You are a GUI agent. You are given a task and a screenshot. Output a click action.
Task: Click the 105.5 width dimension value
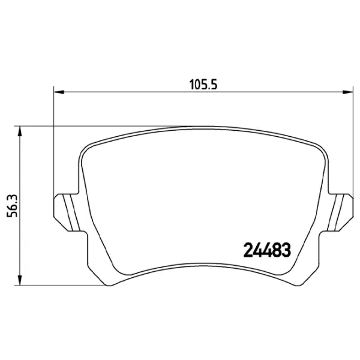tap(203, 85)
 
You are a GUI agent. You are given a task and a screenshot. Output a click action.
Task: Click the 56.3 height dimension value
tap(12, 206)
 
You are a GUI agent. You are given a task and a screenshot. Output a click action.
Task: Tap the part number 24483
tap(267, 250)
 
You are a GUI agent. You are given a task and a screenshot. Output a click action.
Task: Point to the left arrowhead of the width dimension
tap(59, 92)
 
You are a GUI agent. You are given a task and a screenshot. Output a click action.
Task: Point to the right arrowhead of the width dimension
tap(348, 92)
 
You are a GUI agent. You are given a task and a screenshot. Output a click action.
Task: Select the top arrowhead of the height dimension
tap(20, 131)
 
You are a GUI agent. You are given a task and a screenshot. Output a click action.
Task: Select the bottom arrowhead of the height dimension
tap(20, 280)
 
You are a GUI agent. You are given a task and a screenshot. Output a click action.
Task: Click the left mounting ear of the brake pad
tap(67, 212)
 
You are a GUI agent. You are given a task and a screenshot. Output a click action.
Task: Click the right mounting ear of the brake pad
tap(340, 212)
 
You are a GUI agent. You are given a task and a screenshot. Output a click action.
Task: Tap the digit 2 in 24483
tap(248, 250)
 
